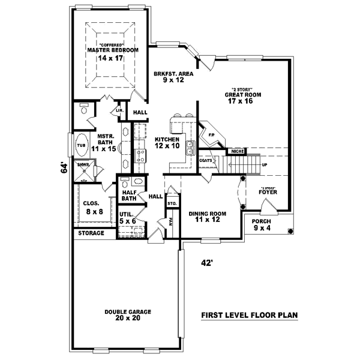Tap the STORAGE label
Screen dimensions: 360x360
[91, 233]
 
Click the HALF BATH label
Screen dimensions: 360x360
[128, 194]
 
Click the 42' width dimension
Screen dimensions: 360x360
[207, 262]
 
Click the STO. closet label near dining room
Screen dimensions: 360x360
[172, 204]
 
